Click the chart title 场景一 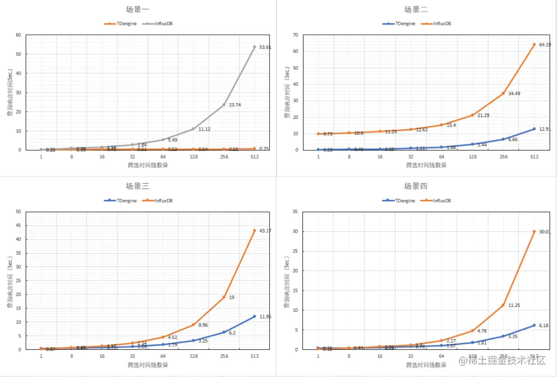(x=139, y=9)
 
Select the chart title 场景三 (x=138, y=186)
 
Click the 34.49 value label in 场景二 (x=514, y=93)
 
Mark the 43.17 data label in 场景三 (x=265, y=231)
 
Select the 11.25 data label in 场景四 (x=514, y=305)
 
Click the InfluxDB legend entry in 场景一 (x=161, y=24)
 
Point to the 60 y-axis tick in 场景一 (x=18, y=35)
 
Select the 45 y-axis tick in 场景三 (x=18, y=225)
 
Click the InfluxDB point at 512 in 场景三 (x=254, y=230)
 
